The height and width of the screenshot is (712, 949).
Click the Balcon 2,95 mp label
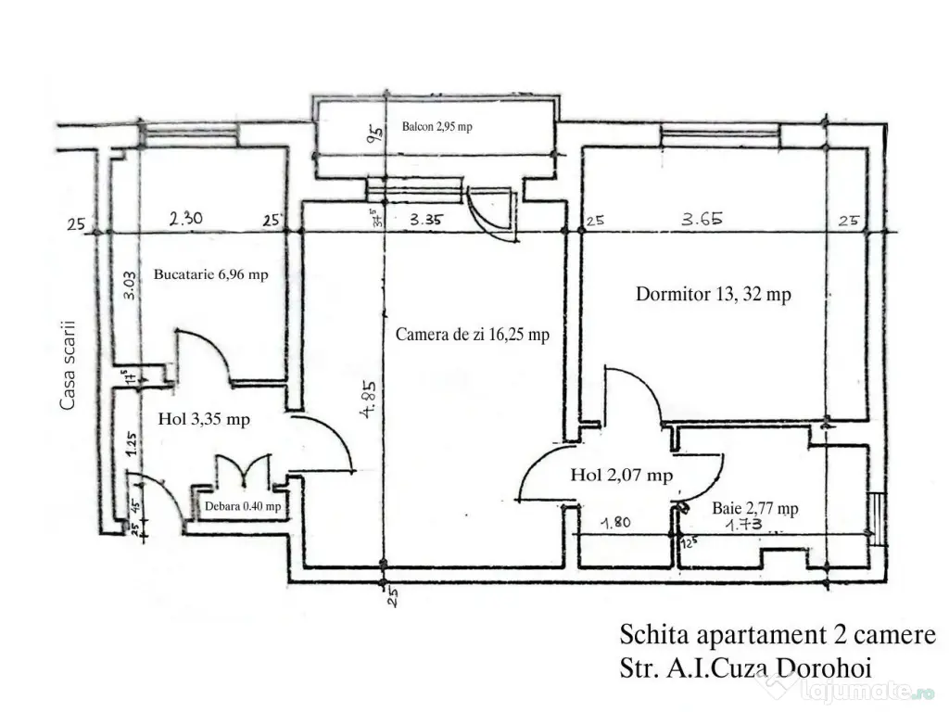pos(437,127)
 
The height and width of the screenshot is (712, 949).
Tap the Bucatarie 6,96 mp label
pos(211,274)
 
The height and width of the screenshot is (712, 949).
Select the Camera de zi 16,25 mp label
pos(472,335)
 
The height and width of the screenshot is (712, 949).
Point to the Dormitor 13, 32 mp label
pos(713,295)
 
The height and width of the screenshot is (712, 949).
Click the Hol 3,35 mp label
pos(204,419)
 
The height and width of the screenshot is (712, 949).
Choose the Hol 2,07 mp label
pos(621,476)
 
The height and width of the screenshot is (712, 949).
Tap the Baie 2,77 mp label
pos(755,508)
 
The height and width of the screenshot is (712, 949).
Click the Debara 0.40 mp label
pos(242,506)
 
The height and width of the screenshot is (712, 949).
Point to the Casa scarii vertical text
pos(67,365)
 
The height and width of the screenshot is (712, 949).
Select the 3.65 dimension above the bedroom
pos(702,220)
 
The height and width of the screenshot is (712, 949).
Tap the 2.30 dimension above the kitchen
pos(187,220)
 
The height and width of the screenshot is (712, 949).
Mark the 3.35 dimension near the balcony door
pos(427,220)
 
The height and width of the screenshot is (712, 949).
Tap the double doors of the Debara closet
pos(243,470)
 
